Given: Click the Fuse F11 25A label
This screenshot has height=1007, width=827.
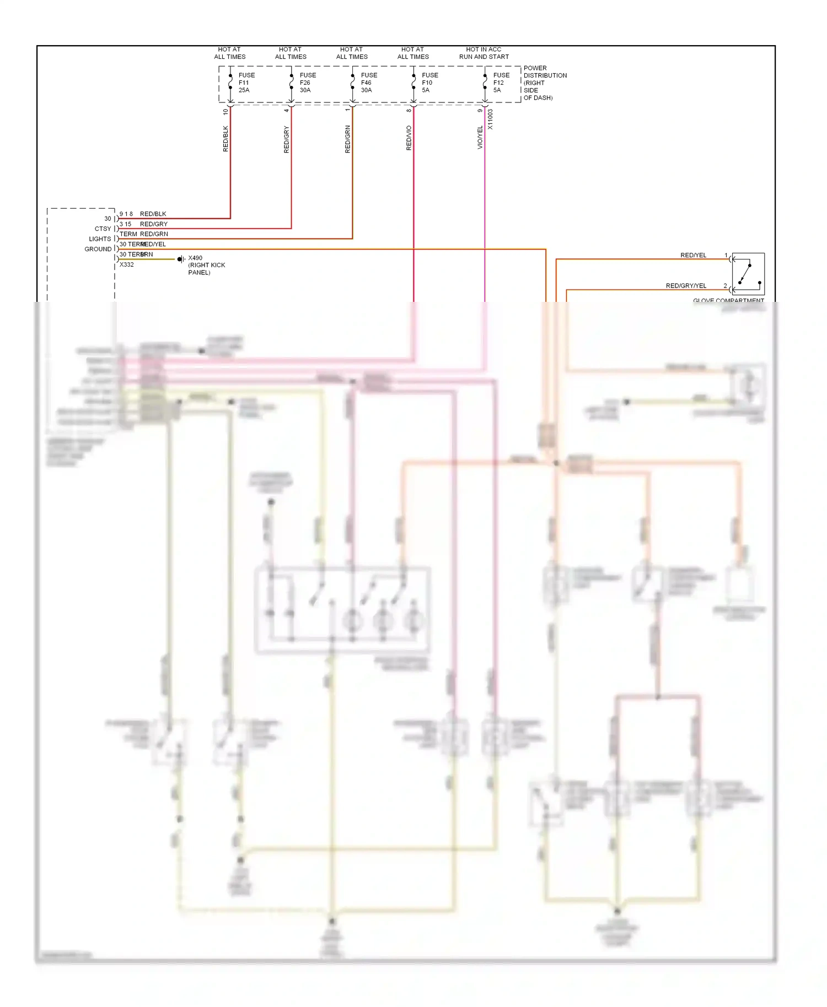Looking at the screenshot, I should [246, 83].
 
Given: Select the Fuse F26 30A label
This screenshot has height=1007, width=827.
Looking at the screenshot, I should [307, 83].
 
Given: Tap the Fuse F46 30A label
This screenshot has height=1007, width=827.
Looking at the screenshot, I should [368, 83].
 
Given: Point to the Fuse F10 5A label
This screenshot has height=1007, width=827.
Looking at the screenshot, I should [429, 83].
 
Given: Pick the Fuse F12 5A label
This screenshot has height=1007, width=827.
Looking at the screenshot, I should [501, 83].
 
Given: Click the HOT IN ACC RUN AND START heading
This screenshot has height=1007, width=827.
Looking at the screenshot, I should [484, 53].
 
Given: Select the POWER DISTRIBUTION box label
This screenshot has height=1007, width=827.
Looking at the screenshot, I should [544, 83].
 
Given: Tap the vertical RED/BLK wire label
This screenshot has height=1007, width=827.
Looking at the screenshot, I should [225, 139].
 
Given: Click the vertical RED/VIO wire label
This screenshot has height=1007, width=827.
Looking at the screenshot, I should [409, 138].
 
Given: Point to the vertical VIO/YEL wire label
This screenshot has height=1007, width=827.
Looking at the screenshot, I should [480, 137].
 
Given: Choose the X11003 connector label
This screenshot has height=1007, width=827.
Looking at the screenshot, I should [491, 119].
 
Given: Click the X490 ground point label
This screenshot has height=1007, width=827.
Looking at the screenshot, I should [206, 265].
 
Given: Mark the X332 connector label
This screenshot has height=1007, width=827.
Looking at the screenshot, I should [127, 265].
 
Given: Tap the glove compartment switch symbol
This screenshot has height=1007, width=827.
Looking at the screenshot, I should [748, 274].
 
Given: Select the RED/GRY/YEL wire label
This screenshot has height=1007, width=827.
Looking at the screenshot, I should [686, 286].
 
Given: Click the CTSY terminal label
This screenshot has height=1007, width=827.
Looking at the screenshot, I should [103, 229].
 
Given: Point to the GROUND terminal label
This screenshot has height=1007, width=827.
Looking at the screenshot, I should [98, 249].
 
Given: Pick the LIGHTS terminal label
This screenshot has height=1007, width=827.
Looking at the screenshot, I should [100, 239].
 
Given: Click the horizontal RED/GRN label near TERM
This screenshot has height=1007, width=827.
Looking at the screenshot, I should [154, 234].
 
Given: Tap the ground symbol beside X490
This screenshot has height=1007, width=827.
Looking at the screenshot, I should [181, 259].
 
